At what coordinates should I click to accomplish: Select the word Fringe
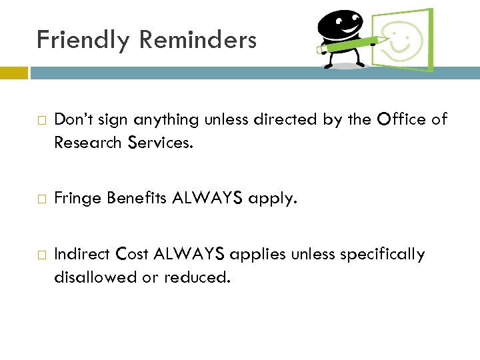pos(75,198)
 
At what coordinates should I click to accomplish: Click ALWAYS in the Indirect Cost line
pos(189,254)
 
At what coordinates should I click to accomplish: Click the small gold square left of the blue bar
pos(14,73)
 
